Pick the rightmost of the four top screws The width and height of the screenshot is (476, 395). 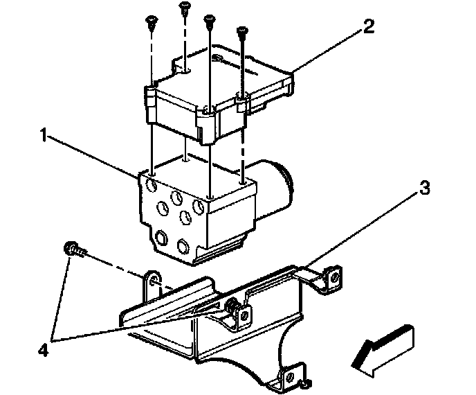pos(242,32)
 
